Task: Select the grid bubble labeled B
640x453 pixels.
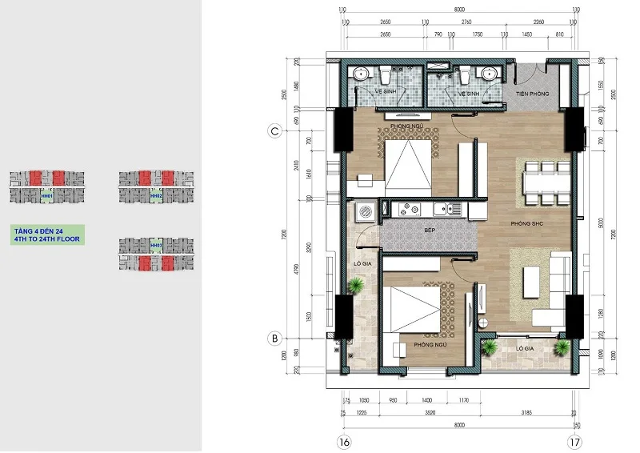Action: point(274,339)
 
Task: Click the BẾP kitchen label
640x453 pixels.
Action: point(429,230)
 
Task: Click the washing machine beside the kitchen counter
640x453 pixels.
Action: point(365,211)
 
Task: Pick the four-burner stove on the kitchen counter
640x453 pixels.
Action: point(411,210)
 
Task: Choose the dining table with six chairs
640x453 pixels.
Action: point(542,182)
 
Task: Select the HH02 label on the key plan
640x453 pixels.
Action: point(156,195)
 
